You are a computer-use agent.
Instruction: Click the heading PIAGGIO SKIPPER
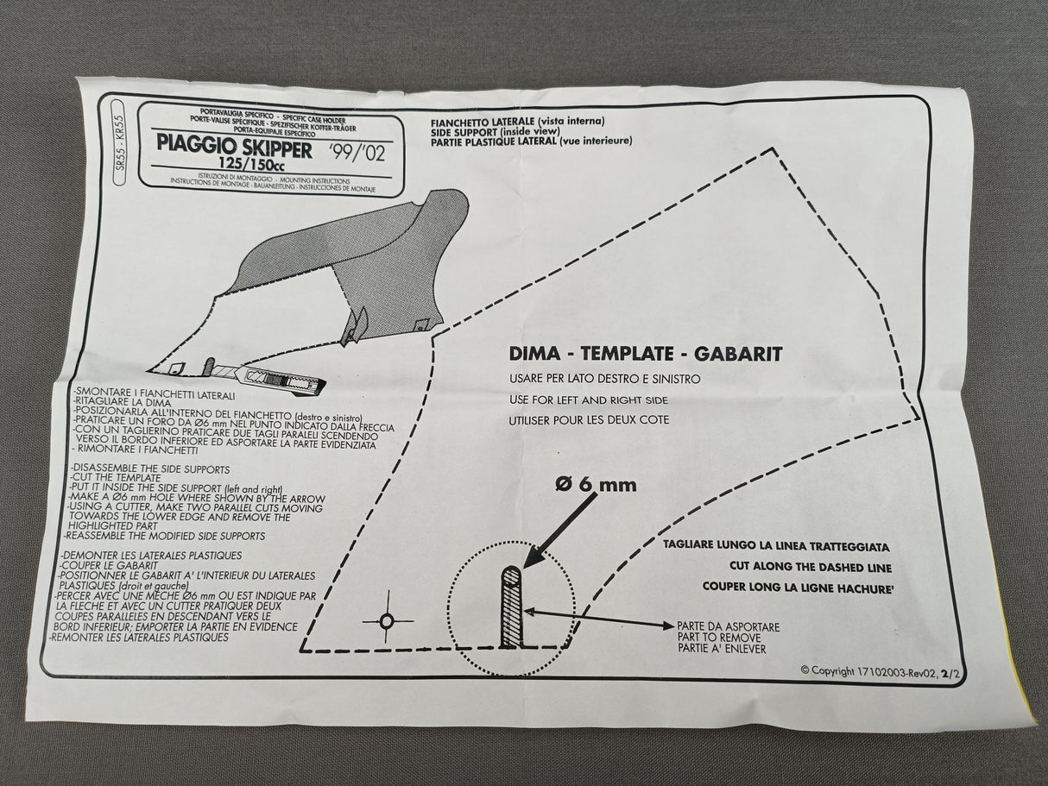click(229, 142)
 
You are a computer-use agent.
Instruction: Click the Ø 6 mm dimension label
click(595, 484)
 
